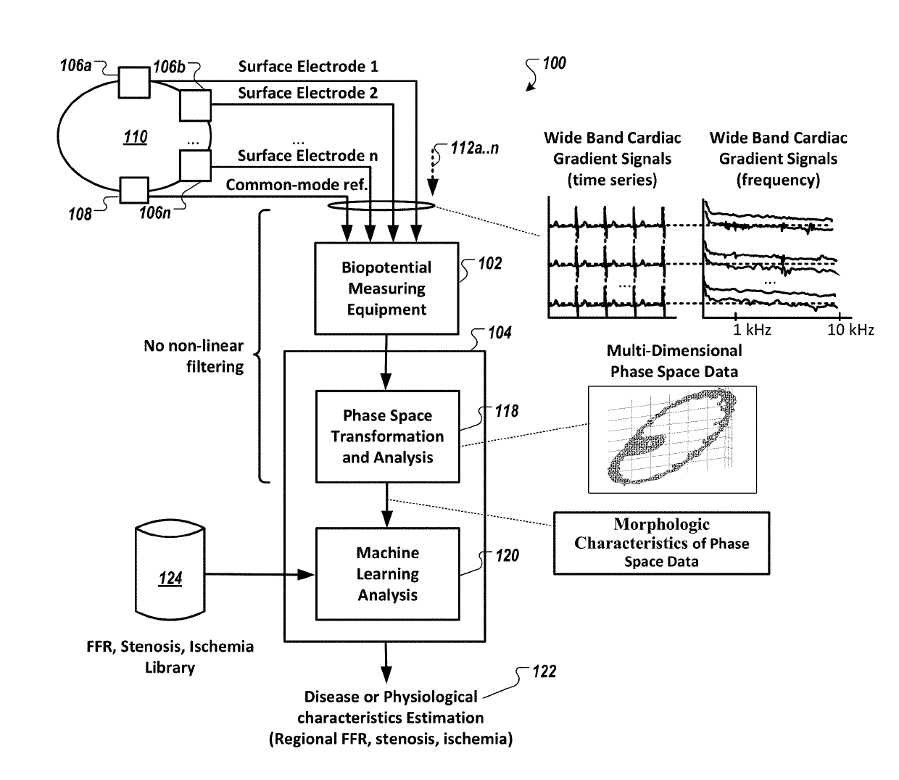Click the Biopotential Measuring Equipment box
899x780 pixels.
386,289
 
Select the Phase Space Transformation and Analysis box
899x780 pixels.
387,436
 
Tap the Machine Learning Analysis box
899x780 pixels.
387,574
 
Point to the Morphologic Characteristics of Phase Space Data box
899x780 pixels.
661,544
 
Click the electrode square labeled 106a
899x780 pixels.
134,82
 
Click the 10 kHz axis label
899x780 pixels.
850,330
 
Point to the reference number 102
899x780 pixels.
489,263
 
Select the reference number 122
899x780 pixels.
544,671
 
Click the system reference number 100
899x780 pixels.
554,63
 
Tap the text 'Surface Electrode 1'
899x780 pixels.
308,67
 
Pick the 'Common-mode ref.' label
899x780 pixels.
297,185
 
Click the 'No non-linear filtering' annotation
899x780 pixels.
194,356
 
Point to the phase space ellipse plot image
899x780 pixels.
672,439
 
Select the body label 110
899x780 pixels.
136,136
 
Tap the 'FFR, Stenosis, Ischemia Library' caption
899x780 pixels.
170,657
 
